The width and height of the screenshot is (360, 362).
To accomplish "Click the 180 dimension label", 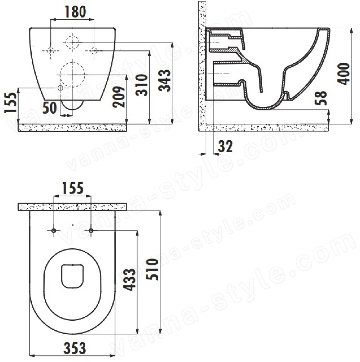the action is coord(75,12).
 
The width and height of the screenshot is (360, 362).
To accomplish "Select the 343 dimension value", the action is coord(165,81).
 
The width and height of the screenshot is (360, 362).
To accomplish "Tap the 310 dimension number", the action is coord(142,85).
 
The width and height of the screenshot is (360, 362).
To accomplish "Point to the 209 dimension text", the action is coord(119,97).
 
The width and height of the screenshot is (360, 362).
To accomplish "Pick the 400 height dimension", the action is coord(343,74).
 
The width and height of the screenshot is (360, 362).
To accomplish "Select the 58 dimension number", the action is coord(321,98).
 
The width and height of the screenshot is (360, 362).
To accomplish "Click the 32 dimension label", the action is coord(225,146).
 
